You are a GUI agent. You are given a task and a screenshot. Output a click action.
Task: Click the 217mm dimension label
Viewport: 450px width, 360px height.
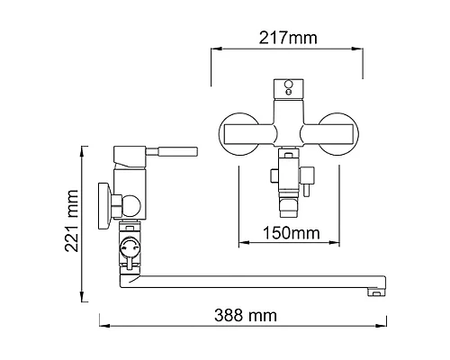pos(288,38)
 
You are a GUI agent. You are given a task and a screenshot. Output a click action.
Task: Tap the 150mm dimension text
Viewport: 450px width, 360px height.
pos(292,233)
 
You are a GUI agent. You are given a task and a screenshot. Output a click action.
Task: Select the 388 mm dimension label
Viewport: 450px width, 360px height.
pos(246,315)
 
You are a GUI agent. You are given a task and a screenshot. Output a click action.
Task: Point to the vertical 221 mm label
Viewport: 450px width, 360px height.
pos(71,220)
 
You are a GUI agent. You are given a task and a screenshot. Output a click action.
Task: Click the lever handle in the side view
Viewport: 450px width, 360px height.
pos(172,151)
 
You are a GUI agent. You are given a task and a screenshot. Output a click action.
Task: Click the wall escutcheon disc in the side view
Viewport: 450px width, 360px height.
pos(104,206)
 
